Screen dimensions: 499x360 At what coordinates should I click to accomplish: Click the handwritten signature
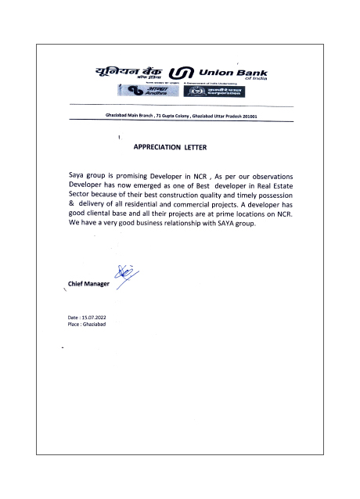123,275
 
